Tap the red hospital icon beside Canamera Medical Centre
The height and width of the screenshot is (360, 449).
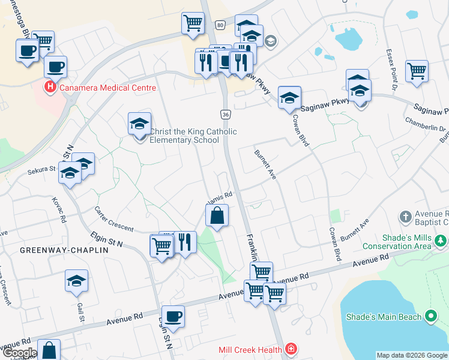tap(50, 88)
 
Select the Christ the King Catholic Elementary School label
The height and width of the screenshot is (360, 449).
tap(193, 136)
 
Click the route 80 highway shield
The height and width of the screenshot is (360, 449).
tap(220, 25)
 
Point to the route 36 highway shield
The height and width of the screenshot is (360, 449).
tap(225, 114)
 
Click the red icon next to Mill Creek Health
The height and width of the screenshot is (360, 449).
tap(291, 349)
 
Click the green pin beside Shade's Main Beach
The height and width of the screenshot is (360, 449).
tap(430, 316)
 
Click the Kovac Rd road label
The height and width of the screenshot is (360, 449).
tap(59, 210)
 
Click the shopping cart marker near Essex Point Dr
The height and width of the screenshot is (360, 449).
tap(417, 71)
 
